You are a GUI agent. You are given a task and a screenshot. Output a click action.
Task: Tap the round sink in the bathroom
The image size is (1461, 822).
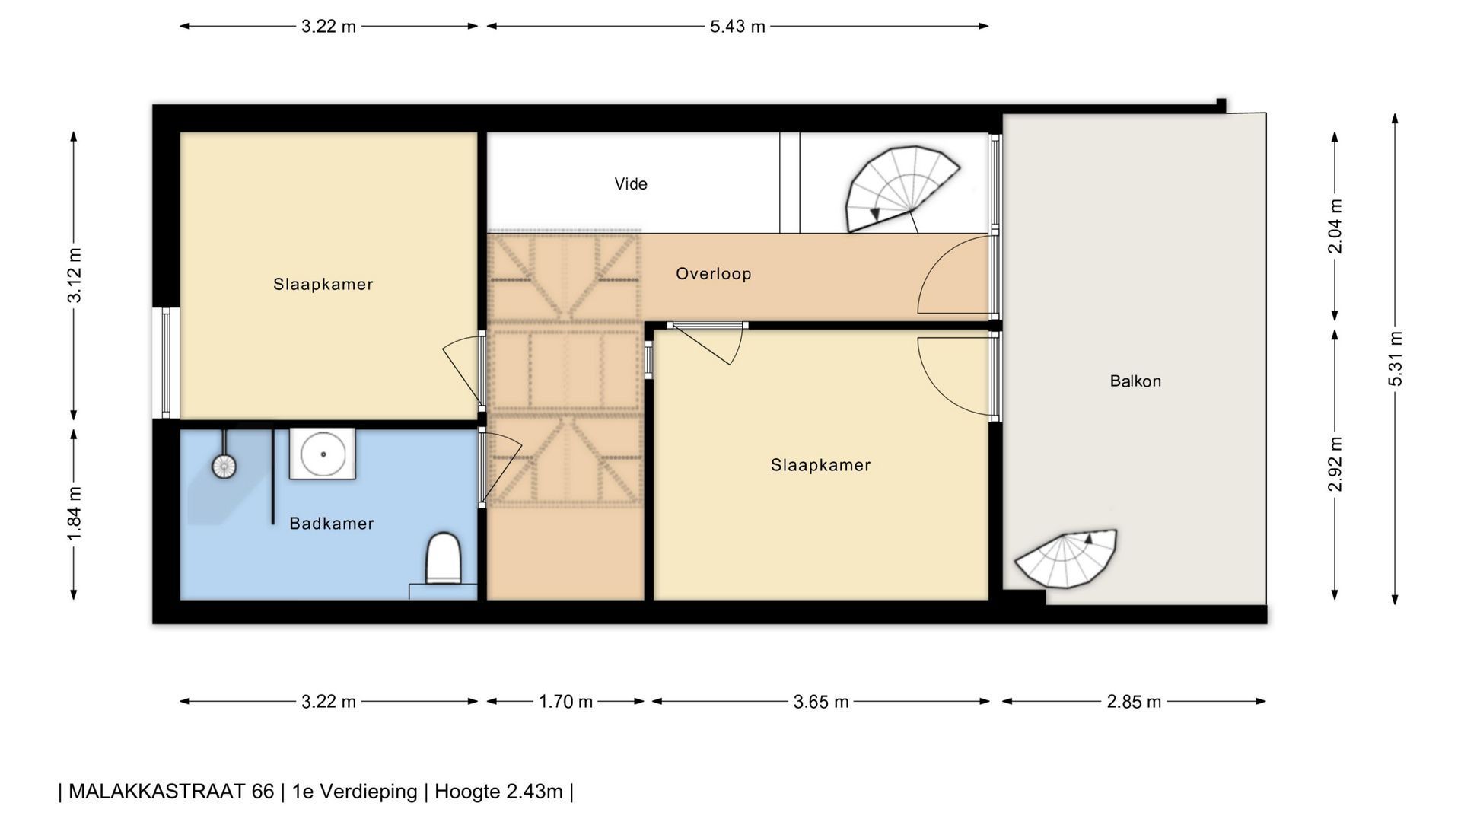323,454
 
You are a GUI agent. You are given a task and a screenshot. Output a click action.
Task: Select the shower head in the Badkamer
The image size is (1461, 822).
224,466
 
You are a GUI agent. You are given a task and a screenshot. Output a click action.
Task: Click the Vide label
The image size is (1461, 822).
631,183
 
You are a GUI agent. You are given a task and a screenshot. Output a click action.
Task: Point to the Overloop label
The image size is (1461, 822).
714,273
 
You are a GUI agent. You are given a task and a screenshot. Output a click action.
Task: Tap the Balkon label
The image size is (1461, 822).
1135,381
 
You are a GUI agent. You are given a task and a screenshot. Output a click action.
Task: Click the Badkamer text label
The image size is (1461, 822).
332,523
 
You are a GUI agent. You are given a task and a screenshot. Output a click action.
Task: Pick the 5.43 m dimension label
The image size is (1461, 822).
737,27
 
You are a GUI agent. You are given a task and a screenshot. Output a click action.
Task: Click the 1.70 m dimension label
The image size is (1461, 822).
565,702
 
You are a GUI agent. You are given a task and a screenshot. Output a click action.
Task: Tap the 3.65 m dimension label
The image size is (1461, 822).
821,702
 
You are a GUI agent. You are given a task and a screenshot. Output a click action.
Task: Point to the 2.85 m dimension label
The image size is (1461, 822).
1134,702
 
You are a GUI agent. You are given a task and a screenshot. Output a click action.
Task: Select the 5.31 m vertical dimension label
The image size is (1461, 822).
1395,358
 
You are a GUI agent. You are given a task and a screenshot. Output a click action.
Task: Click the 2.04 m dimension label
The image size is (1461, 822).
1335,226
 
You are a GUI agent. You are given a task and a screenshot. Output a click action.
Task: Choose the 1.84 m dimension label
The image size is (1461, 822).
74,514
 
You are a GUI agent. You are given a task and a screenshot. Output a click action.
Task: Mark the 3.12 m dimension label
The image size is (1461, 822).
74,275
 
